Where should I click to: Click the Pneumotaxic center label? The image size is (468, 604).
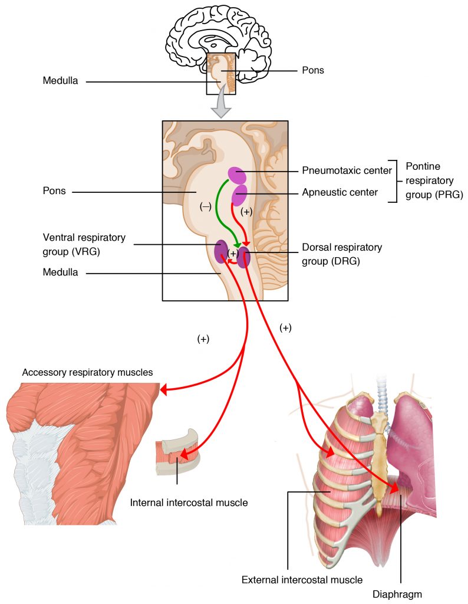click(347, 171)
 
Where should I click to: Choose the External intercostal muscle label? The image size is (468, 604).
click(302, 580)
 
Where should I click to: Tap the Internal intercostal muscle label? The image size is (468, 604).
click(189, 503)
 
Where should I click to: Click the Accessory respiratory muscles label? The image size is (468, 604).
click(87, 372)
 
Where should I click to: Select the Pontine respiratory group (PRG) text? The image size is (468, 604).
click(430, 181)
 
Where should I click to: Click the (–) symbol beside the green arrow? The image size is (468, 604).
click(206, 207)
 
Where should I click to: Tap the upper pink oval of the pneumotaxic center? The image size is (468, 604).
click(237, 175)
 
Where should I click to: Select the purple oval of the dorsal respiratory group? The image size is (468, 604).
click(243, 257)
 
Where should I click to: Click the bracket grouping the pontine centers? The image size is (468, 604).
click(396, 181)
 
